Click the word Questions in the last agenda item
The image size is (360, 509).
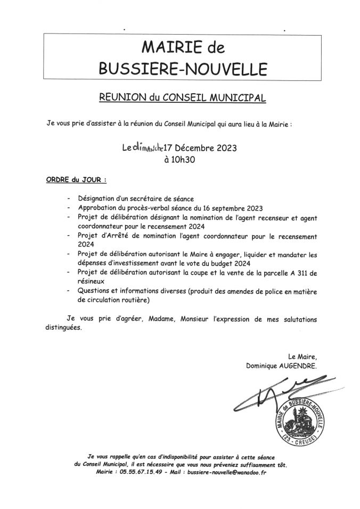pyautogui.click(x=96, y=291)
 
